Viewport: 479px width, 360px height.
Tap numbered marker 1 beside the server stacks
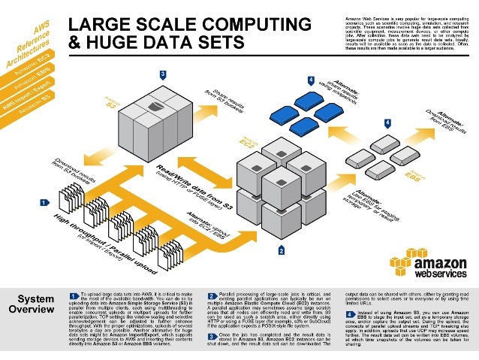44,202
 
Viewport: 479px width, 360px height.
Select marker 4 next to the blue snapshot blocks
311,80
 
